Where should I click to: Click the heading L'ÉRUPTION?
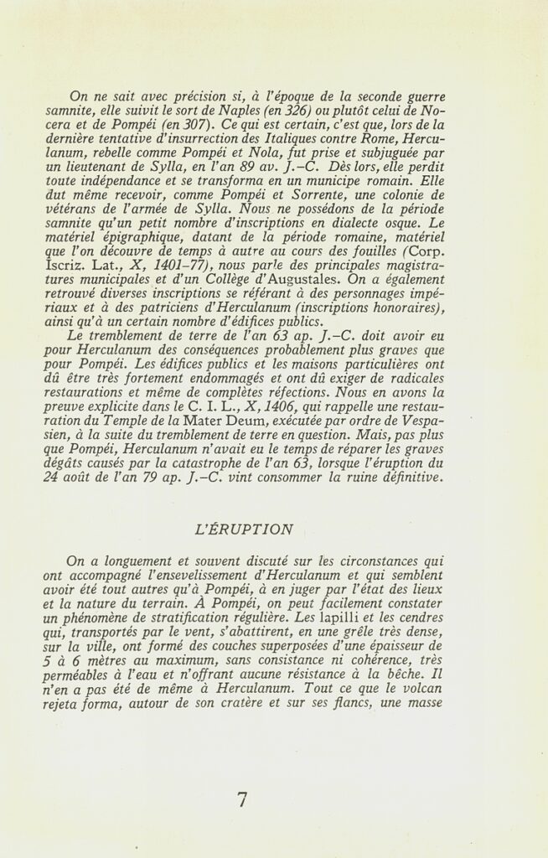pos(243,530)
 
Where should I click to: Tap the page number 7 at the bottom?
pos(242,800)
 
